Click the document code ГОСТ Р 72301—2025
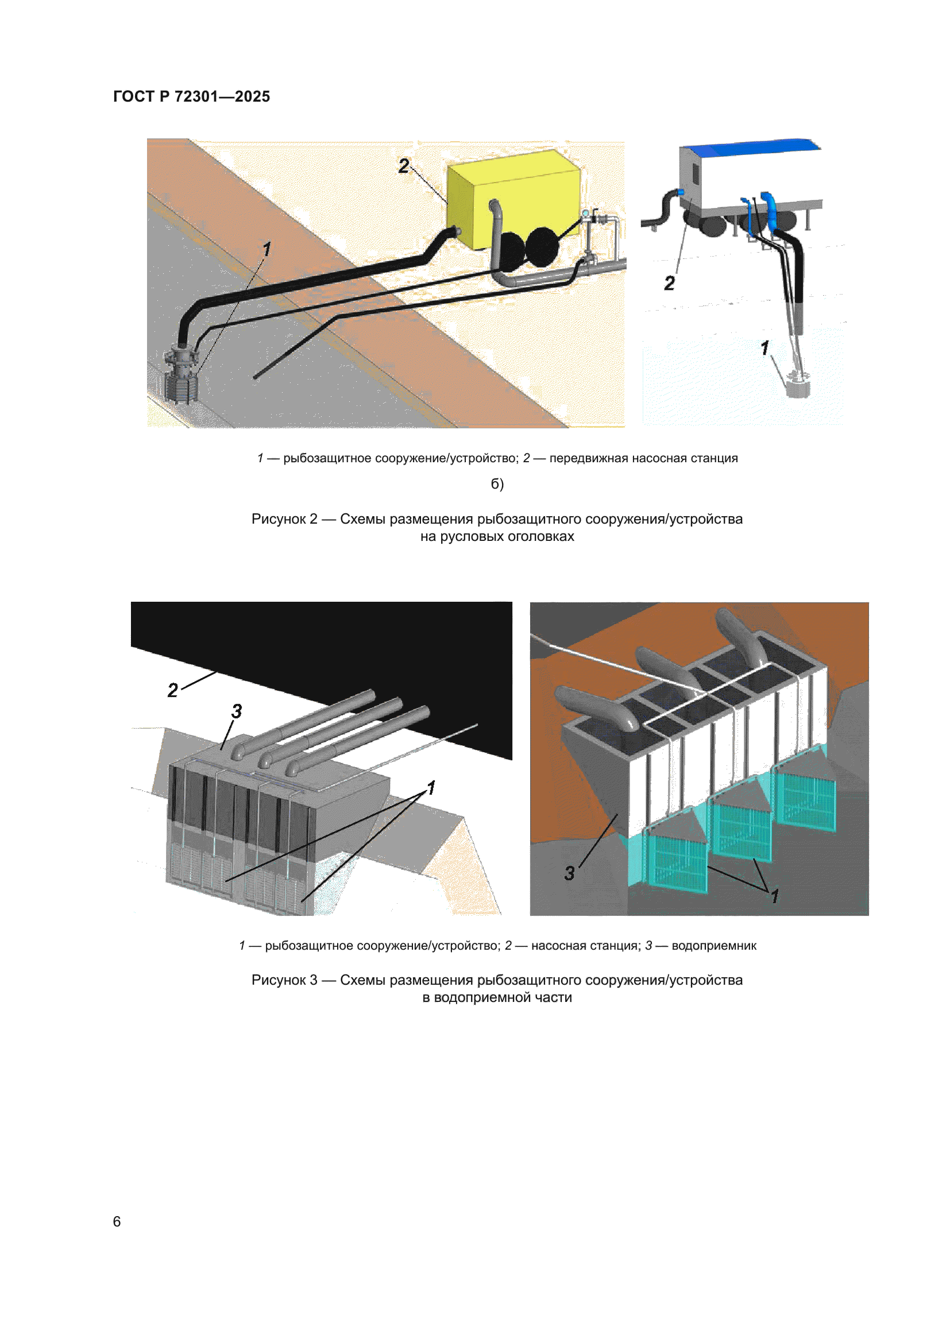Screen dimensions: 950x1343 tap(191, 96)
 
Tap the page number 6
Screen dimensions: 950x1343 tap(117, 1221)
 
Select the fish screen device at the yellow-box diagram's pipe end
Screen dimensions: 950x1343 tap(181, 374)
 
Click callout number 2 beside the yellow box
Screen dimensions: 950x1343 tap(404, 166)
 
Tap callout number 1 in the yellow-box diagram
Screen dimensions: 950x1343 tap(267, 249)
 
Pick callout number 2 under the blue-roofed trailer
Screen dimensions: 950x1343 tap(670, 284)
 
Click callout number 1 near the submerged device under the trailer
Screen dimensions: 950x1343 tap(764, 349)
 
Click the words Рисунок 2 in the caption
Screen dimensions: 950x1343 tap(284, 519)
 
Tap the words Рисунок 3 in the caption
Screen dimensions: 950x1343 tap(284, 980)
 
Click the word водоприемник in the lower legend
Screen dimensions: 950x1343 tap(714, 946)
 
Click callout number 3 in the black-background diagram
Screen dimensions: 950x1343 tap(236, 711)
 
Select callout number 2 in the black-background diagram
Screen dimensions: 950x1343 tap(172, 690)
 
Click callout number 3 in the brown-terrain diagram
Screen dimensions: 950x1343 tap(569, 873)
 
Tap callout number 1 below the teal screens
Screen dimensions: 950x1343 tap(774, 896)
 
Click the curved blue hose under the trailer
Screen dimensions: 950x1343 tap(771, 211)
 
